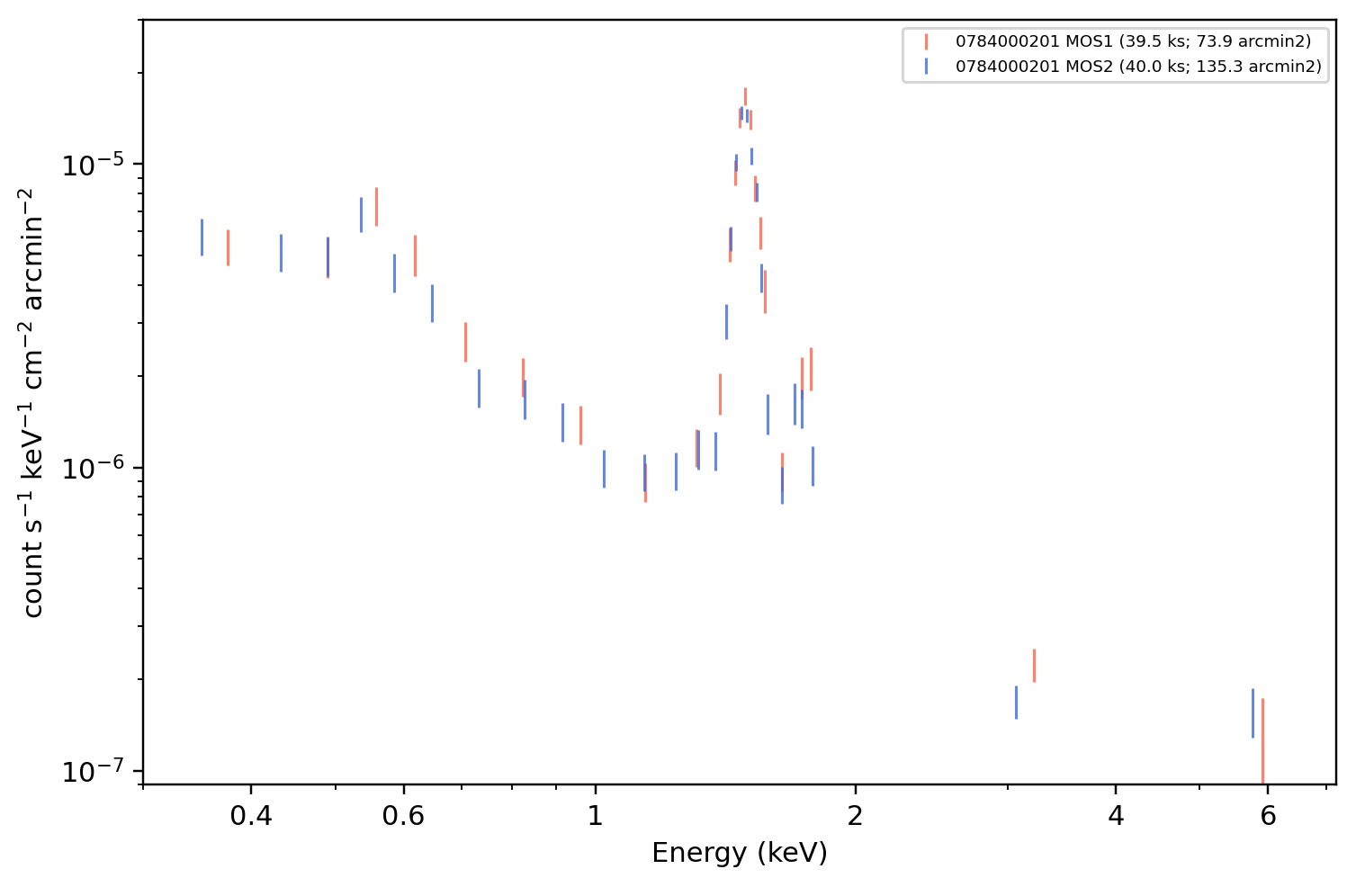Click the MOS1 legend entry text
pyautogui.click(x=1133, y=41)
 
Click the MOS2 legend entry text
pyautogui.click(x=1138, y=66)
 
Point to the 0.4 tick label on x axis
pyautogui.click(x=251, y=816)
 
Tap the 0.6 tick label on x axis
pyautogui.click(x=403, y=816)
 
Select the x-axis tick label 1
pyautogui.click(x=596, y=816)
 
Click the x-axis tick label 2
pyautogui.click(x=855, y=816)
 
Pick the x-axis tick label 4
pyautogui.click(x=1116, y=816)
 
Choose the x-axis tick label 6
pyautogui.click(x=1268, y=816)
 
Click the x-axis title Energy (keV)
pyautogui.click(x=739, y=853)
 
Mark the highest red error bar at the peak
pyautogui.click(x=745, y=97)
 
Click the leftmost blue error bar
pyautogui.click(x=202, y=237)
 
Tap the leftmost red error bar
pyautogui.click(x=228, y=247)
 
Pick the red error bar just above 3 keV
pyautogui.click(x=1034, y=666)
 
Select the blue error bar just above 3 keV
pyautogui.click(x=1016, y=703)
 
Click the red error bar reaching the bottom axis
pyautogui.click(x=1262, y=742)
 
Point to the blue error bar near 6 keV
pyautogui.click(x=1253, y=713)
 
